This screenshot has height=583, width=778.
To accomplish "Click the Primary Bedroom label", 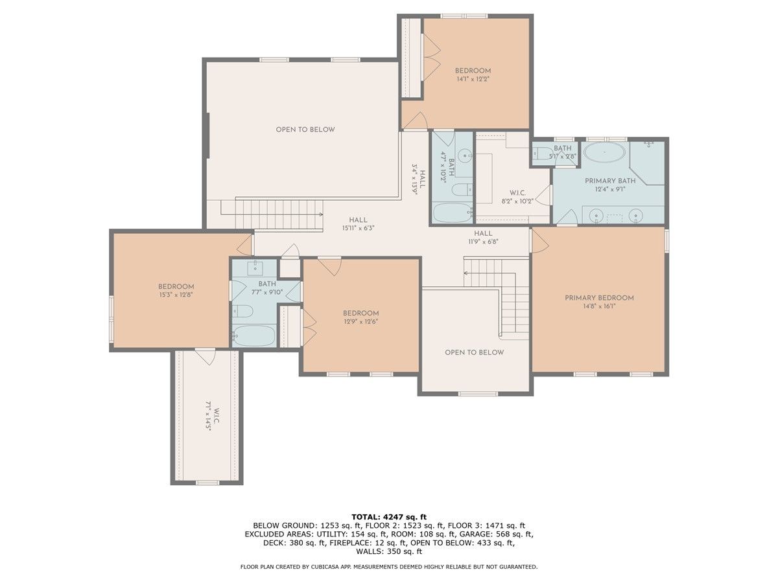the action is [599, 298].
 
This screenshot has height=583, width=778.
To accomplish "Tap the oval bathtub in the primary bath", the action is [605, 152].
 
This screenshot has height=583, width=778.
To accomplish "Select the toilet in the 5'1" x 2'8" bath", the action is [540, 154].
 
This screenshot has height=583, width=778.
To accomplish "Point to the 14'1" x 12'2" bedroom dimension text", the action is [473, 79].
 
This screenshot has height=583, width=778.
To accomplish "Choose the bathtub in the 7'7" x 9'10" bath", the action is [254, 336].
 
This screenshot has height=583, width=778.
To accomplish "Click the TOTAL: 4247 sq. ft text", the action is [389, 517].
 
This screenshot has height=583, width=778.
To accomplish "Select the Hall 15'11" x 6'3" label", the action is [358, 224].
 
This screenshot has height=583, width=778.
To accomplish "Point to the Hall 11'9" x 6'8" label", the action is [483, 238].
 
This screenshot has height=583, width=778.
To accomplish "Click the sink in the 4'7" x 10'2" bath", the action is [464, 155].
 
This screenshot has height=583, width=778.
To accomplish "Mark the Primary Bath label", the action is [610, 181].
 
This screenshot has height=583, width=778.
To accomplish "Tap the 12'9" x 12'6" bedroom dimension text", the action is [361, 322].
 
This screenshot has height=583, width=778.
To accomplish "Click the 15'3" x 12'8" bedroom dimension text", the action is [176, 295].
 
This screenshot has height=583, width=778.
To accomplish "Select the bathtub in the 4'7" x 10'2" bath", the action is [453, 212].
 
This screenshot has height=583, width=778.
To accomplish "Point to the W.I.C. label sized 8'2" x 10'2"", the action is [517, 193].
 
